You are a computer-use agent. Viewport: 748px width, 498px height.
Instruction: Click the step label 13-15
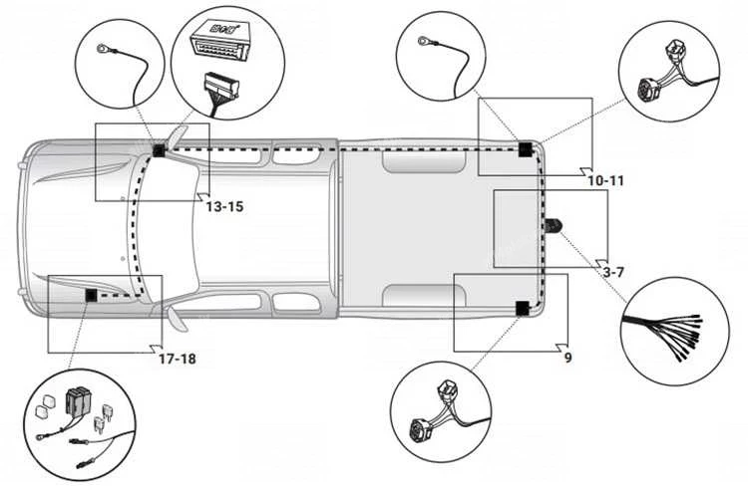click(224, 206)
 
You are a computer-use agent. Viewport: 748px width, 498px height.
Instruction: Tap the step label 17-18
click(178, 359)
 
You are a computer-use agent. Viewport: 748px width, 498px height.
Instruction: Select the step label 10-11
click(605, 181)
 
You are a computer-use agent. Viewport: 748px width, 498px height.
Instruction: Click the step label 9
click(567, 357)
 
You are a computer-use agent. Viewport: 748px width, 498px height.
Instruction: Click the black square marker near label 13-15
click(160, 150)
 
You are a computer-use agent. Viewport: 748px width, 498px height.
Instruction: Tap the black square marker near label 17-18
click(91, 296)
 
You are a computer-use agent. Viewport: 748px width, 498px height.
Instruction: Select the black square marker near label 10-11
click(525, 150)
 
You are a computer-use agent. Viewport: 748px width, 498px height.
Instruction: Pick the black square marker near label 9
click(523, 308)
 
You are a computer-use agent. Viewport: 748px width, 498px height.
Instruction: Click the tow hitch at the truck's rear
click(553, 226)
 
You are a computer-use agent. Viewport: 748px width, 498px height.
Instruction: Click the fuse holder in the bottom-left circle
click(79, 403)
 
